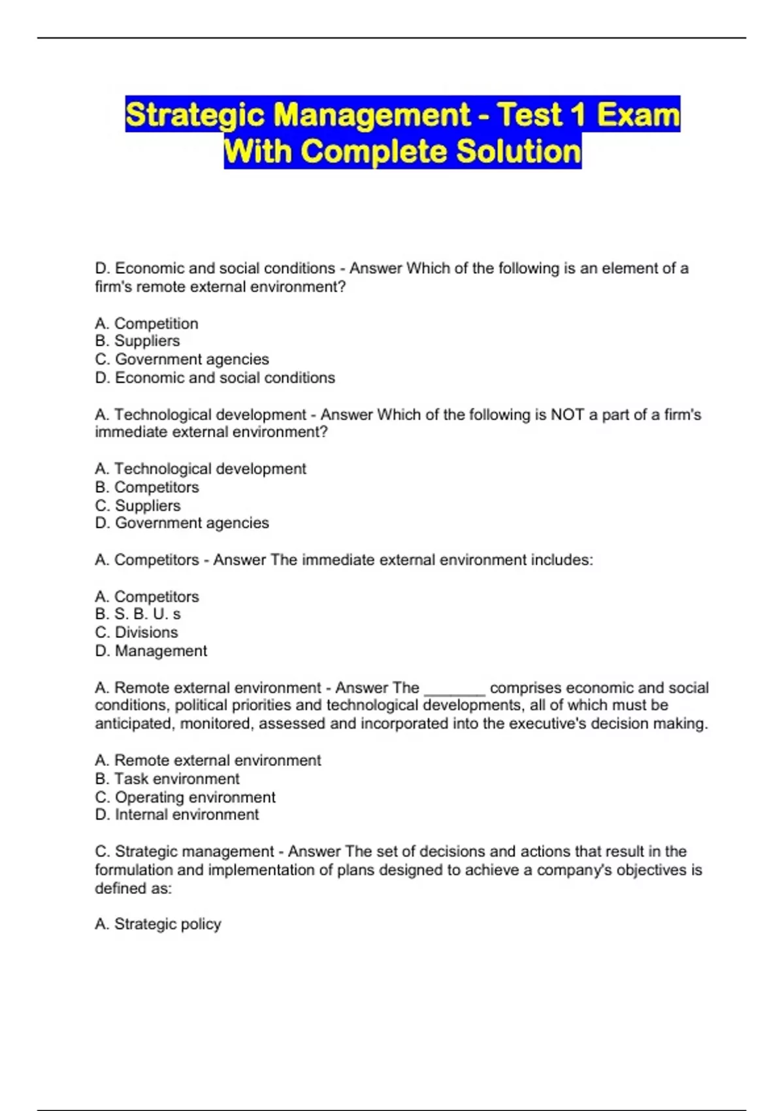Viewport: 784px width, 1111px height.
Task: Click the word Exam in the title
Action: click(x=638, y=115)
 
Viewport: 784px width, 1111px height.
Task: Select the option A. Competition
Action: click(x=146, y=323)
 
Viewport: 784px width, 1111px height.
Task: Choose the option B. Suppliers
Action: click(x=137, y=341)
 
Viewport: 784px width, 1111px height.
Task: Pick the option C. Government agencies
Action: click(x=182, y=359)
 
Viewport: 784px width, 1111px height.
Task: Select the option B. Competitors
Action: click(x=147, y=488)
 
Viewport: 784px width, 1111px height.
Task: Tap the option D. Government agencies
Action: click(x=182, y=523)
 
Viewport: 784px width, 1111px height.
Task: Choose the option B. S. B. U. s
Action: click(x=138, y=614)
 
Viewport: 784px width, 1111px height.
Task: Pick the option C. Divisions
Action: click(x=137, y=633)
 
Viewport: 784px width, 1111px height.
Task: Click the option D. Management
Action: click(x=151, y=651)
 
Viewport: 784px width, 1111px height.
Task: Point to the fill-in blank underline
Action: click(x=454, y=693)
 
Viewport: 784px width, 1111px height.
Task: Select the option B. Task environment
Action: click(x=167, y=779)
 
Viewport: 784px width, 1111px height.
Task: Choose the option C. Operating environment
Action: click(x=185, y=797)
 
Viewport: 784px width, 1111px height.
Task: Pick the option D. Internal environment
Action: click(x=177, y=815)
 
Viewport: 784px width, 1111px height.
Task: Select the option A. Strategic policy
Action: click(x=158, y=924)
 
